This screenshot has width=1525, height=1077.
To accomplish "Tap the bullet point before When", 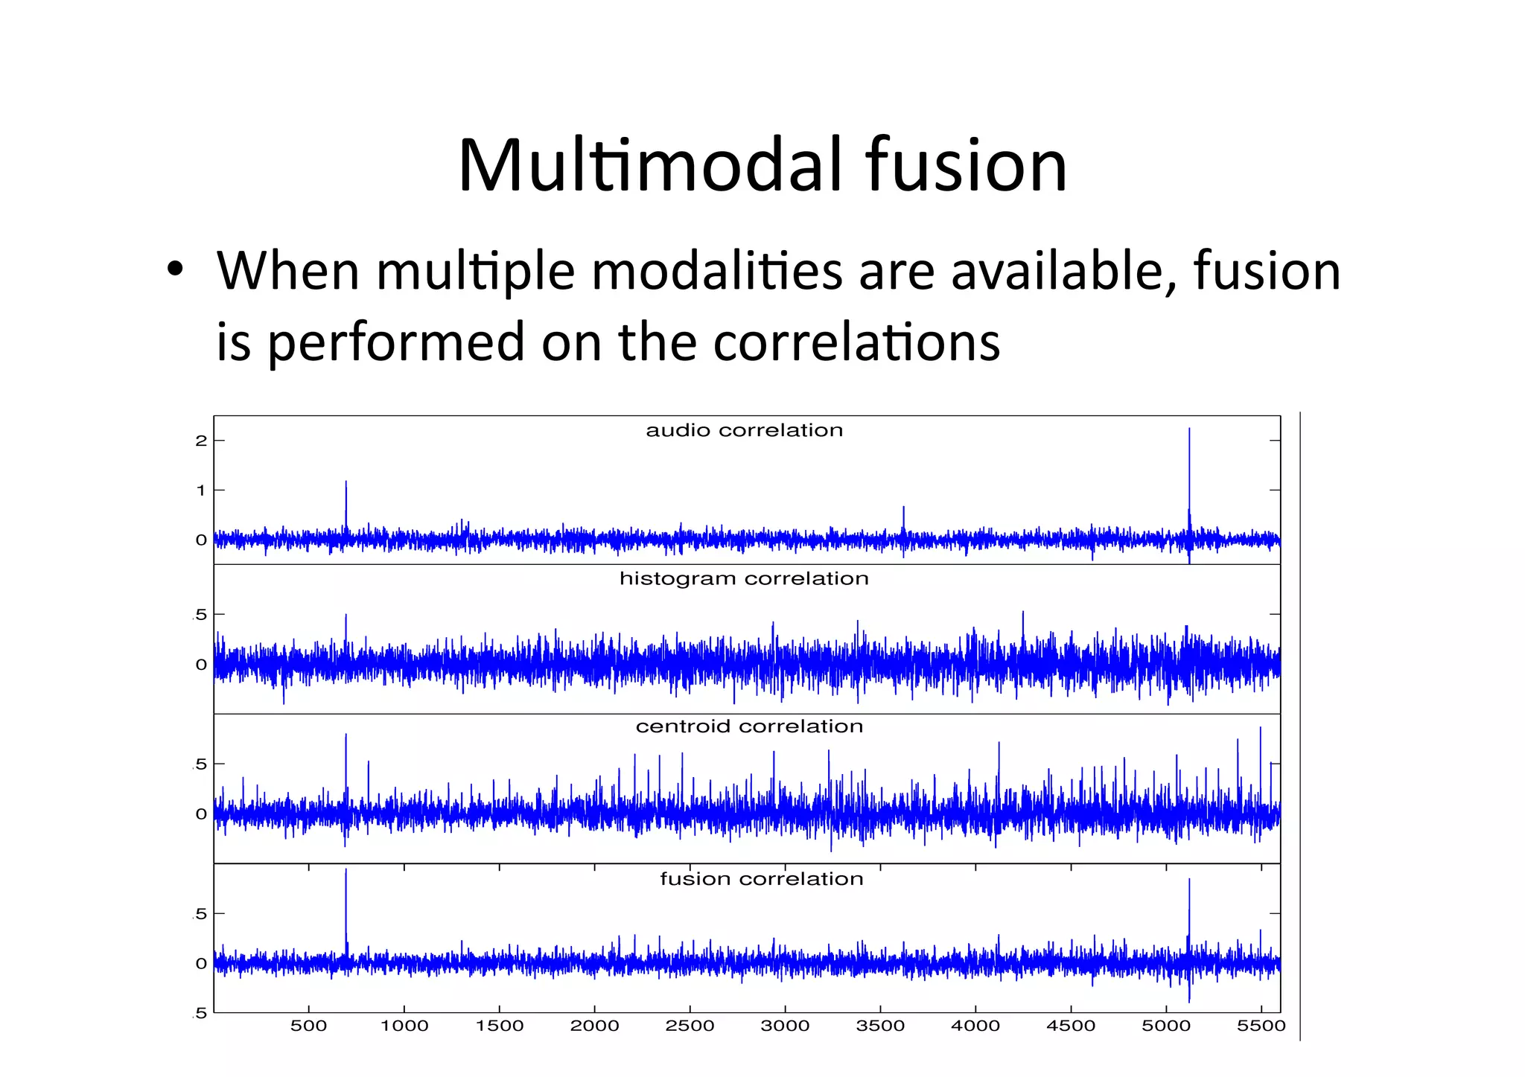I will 174,270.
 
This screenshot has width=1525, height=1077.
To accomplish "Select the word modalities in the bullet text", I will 717,271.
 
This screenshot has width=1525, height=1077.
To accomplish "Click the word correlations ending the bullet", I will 856,342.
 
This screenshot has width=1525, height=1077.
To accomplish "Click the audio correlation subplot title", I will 744,430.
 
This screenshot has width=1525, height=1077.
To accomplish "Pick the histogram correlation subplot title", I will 744,578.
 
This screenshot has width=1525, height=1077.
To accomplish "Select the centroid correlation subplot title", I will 749,726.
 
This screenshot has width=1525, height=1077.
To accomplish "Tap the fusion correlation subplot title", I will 761,879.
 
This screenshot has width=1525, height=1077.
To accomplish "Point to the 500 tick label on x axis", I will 308,1026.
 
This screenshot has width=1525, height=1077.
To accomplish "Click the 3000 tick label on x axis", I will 785,1026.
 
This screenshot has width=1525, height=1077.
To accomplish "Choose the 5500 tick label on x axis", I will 1261,1026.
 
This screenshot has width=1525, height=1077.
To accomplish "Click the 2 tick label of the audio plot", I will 200,441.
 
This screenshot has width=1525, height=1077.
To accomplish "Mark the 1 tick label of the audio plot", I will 200,490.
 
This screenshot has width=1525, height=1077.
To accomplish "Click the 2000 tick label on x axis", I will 594,1026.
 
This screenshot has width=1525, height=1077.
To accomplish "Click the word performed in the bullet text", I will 395,342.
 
